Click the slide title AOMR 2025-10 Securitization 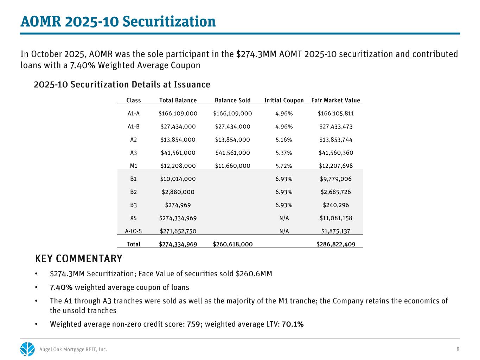(118, 22)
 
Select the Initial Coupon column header (284, 101)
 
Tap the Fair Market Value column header (336, 101)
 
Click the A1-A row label (134, 114)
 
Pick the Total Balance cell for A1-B (178, 127)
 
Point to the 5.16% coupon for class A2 (284, 140)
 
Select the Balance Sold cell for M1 (232, 166)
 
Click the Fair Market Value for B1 (336, 179)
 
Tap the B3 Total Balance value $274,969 (178, 205)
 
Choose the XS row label (134, 218)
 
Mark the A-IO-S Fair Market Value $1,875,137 (336, 231)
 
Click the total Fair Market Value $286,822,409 (336, 244)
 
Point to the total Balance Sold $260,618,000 (232, 244)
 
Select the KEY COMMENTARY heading (79, 259)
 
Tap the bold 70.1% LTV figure (293, 324)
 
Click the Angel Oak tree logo (27, 349)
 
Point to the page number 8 (458, 349)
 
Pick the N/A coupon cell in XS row (284, 218)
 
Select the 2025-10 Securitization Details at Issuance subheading (122, 85)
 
